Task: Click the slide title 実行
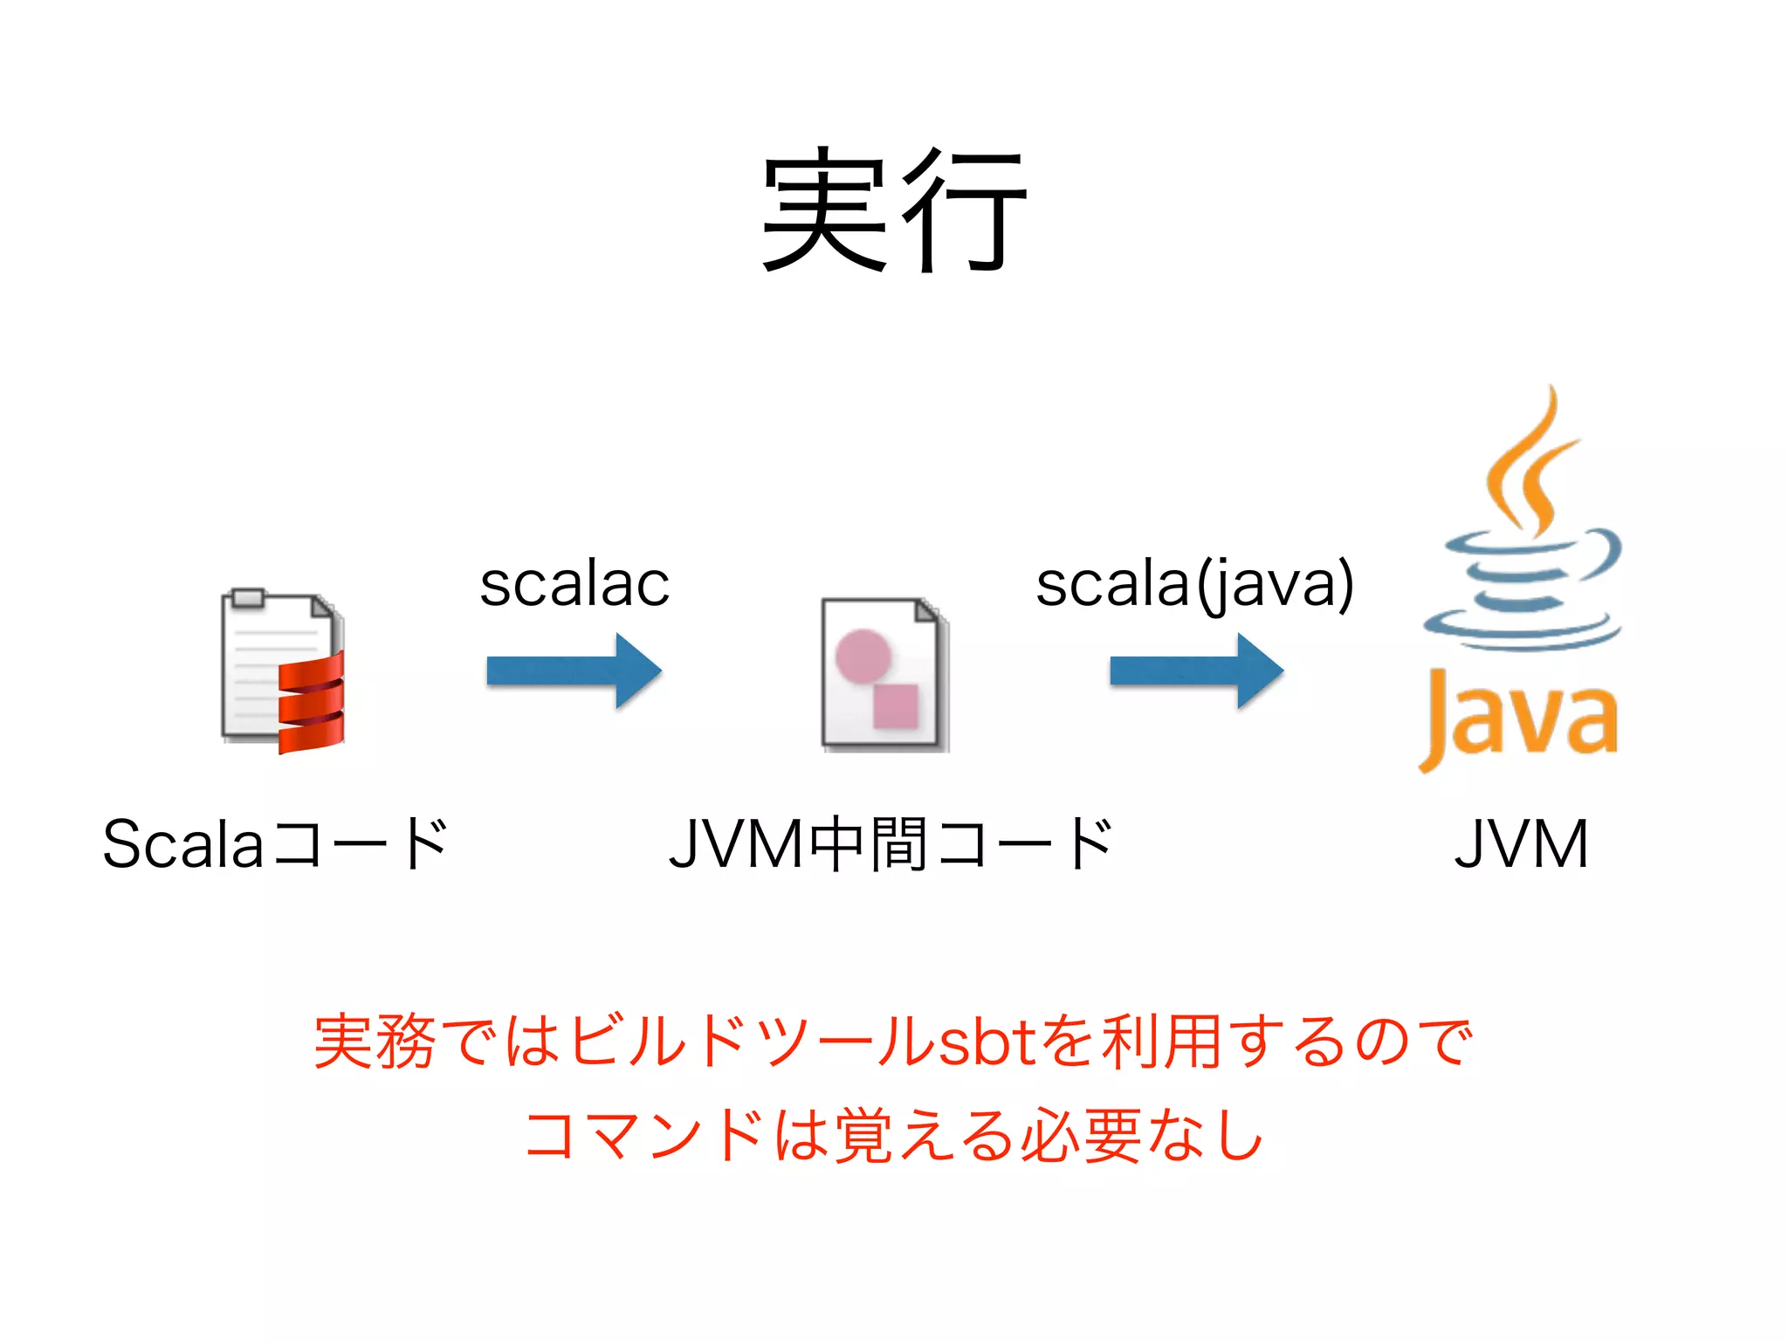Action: (x=894, y=210)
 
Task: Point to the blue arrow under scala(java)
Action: (x=1196, y=670)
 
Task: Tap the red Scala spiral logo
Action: (x=312, y=703)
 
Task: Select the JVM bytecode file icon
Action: (x=884, y=674)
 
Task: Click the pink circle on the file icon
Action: (x=863, y=655)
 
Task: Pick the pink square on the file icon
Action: (x=896, y=705)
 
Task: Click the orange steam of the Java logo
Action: (x=1532, y=463)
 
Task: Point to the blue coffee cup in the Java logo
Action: (x=1523, y=594)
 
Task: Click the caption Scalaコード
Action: (x=276, y=844)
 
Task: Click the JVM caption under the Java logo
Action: (x=1521, y=844)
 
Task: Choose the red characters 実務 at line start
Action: (x=375, y=1042)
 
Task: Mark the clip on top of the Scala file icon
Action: (x=249, y=597)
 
